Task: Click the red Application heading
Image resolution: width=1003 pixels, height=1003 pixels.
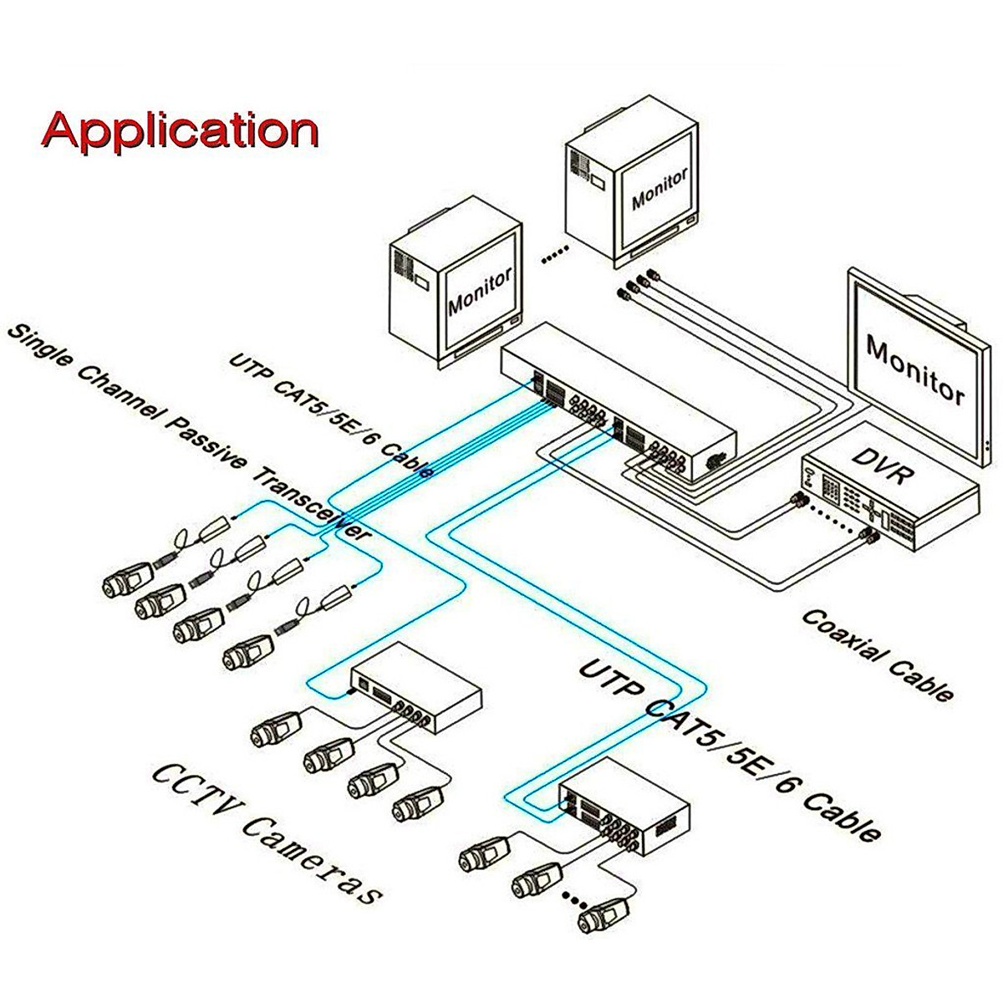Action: coord(181,130)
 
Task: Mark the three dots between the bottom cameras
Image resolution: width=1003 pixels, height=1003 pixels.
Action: coord(574,899)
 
